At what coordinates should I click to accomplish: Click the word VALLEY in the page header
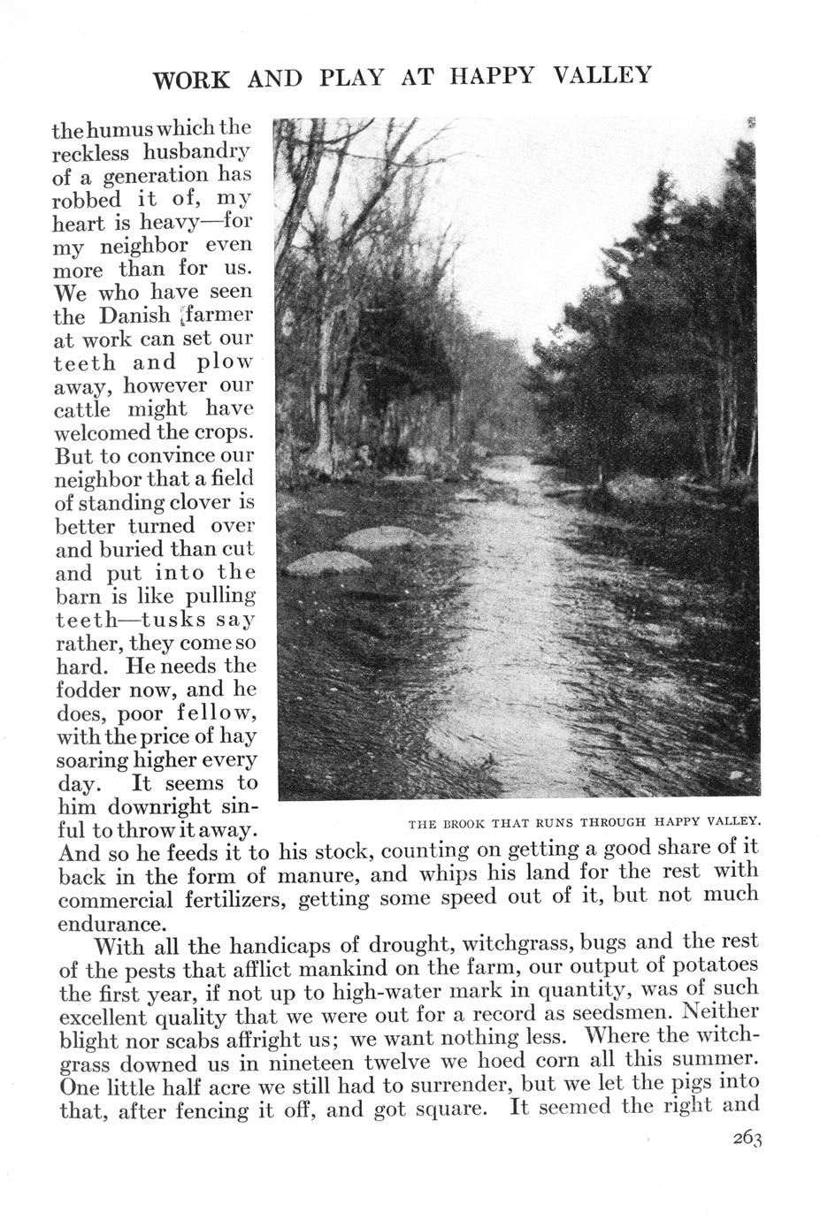tap(602, 77)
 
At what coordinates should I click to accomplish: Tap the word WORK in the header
tap(191, 80)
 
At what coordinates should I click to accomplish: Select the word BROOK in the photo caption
tap(458, 824)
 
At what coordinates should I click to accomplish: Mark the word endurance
tap(111, 925)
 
